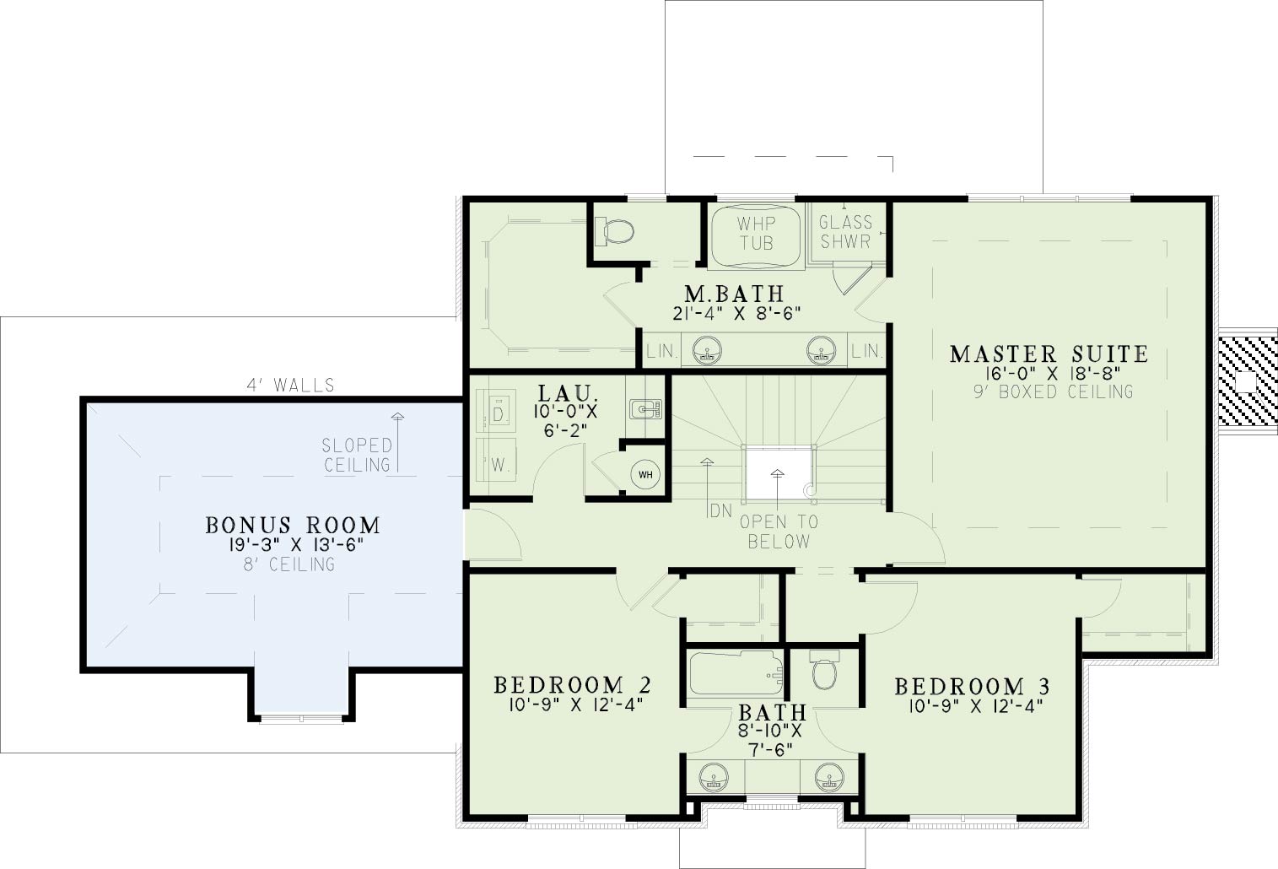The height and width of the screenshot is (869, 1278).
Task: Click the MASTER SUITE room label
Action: click(x=1049, y=354)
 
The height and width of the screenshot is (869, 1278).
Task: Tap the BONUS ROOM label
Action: click(x=293, y=525)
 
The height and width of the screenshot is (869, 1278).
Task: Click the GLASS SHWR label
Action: click(x=845, y=232)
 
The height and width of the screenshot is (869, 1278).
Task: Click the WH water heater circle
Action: click(x=645, y=475)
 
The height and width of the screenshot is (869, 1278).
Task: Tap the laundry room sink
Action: click(x=645, y=409)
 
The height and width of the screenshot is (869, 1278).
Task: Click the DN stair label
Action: click(x=720, y=511)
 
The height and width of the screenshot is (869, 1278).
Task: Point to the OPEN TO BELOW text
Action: click(x=779, y=532)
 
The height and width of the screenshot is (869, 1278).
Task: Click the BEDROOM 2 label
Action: click(x=572, y=685)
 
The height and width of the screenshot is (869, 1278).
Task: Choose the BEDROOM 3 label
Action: click(x=972, y=687)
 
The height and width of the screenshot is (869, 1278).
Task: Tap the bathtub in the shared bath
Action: click(x=736, y=674)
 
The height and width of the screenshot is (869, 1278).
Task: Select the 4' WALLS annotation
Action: click(x=290, y=386)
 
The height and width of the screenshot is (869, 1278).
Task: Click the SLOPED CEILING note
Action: click(x=357, y=455)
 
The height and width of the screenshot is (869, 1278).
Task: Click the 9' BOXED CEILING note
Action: click(x=1054, y=391)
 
